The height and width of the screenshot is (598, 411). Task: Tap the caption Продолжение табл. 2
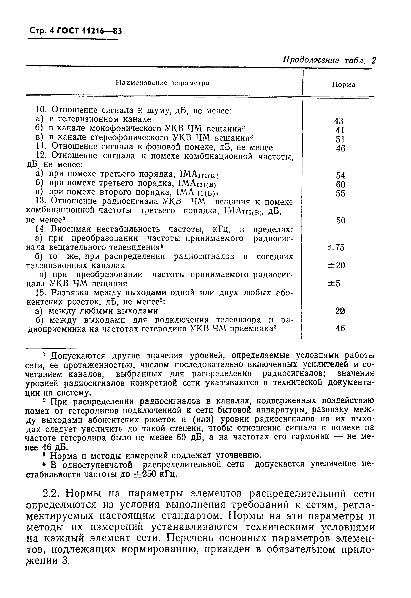[x=329, y=60]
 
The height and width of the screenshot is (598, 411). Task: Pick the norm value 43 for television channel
[x=339, y=121]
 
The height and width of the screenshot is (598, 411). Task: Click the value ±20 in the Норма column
[x=336, y=265]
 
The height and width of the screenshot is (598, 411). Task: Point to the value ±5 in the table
[x=334, y=284]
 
